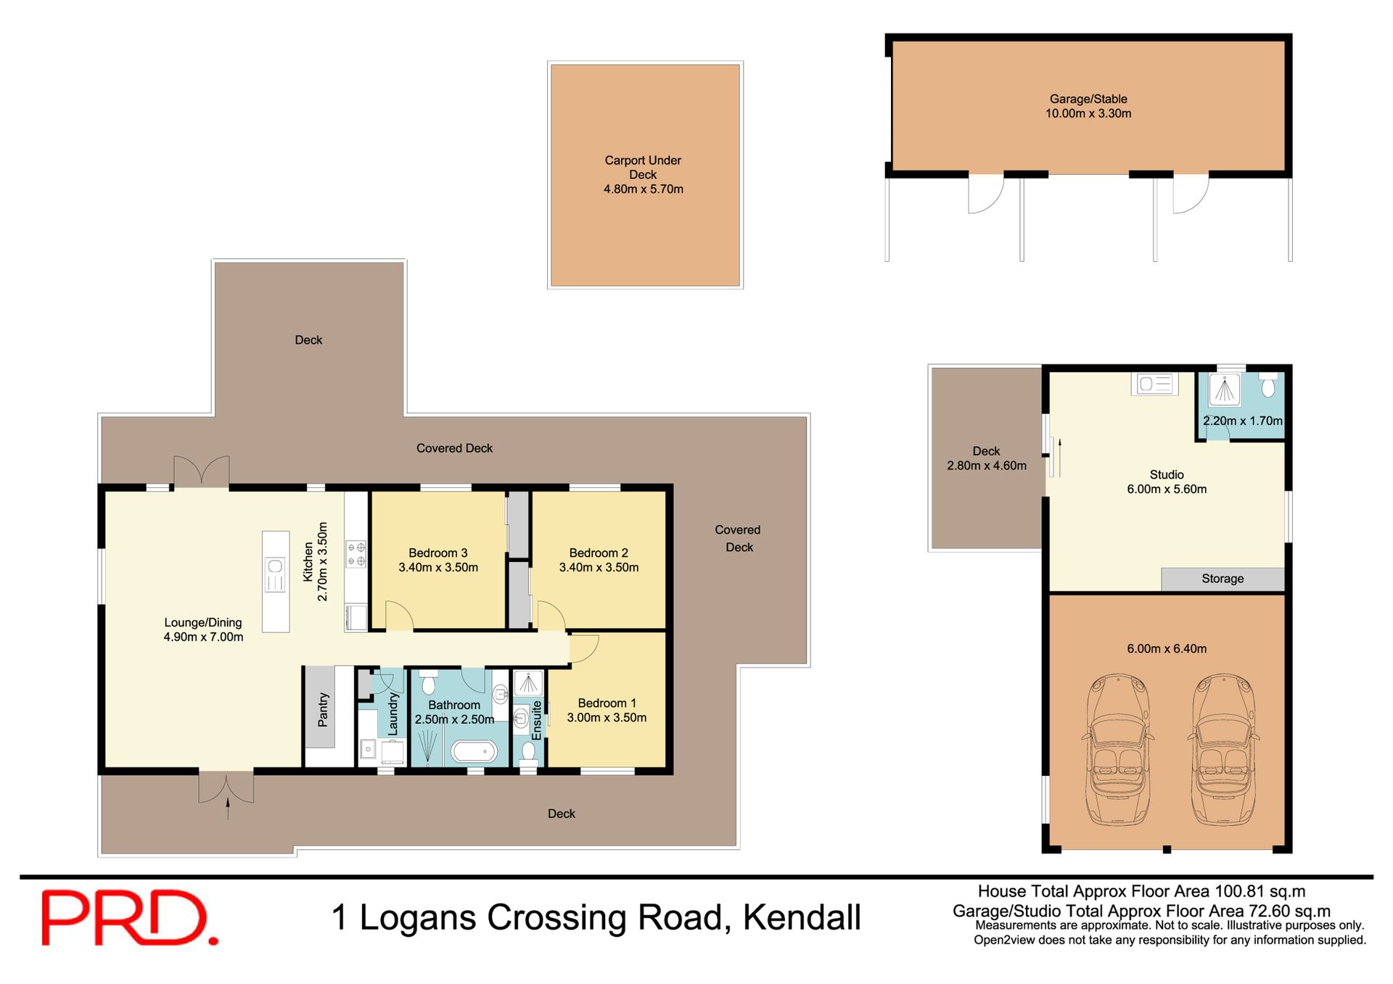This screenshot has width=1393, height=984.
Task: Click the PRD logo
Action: pos(129,917)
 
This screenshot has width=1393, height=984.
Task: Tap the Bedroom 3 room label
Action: pos(438,553)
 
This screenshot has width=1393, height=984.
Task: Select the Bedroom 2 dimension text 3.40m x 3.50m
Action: pos(599,568)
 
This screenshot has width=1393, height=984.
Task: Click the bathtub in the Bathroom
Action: pos(474,752)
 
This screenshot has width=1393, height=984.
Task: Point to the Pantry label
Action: pos(324,709)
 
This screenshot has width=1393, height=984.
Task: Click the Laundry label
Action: pos(393,714)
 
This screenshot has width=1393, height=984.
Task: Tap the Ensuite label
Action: pos(537,720)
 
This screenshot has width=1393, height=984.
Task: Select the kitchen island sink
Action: pos(275,575)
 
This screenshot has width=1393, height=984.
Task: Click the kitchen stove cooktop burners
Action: pos(356,553)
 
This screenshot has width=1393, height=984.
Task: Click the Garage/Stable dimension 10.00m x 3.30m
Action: pos(1088,113)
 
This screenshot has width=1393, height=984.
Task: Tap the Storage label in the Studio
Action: pos(1223,579)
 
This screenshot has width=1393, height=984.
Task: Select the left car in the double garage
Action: pos(1117,749)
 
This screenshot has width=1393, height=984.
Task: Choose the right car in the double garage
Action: pos(1223,749)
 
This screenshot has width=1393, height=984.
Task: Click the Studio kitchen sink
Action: pos(1154,384)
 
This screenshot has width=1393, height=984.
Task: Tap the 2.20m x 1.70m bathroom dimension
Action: pos(1243,421)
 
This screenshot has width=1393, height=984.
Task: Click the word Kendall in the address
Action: pos(802,917)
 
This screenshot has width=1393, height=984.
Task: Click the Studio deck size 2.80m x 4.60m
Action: pos(987,466)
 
